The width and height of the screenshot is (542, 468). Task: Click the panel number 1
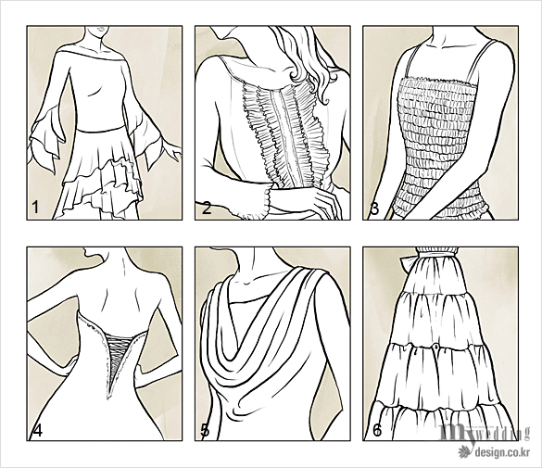(35, 207)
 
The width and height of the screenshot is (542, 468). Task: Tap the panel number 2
(206, 209)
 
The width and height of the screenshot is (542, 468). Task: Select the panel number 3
(374, 209)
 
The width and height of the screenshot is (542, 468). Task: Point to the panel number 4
(37, 430)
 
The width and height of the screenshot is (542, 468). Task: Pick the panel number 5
(205, 430)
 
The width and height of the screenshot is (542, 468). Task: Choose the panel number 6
(377, 430)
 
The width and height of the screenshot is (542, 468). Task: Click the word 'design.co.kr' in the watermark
(502, 451)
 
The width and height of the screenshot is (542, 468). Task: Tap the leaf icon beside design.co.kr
(465, 451)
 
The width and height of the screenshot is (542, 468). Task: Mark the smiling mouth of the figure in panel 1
(101, 30)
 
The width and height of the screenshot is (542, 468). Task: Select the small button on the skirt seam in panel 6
(436, 346)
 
